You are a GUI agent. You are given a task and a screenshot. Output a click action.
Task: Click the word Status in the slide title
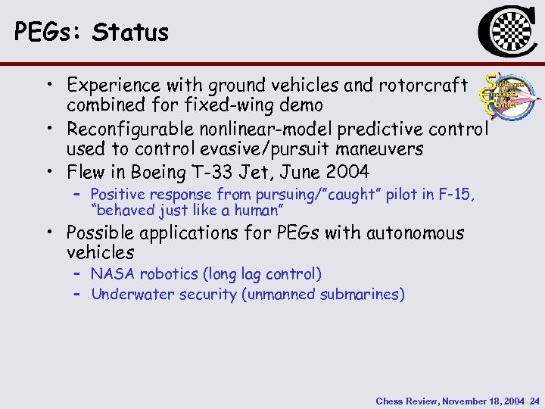130,32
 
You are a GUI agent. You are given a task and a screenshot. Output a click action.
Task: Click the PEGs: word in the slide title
48,32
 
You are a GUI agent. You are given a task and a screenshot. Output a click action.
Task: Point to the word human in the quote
255,210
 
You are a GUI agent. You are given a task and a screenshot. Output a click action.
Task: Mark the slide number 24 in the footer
535,401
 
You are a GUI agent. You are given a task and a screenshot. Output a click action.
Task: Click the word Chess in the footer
391,401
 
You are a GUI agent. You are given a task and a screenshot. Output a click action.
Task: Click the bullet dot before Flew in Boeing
48,173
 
